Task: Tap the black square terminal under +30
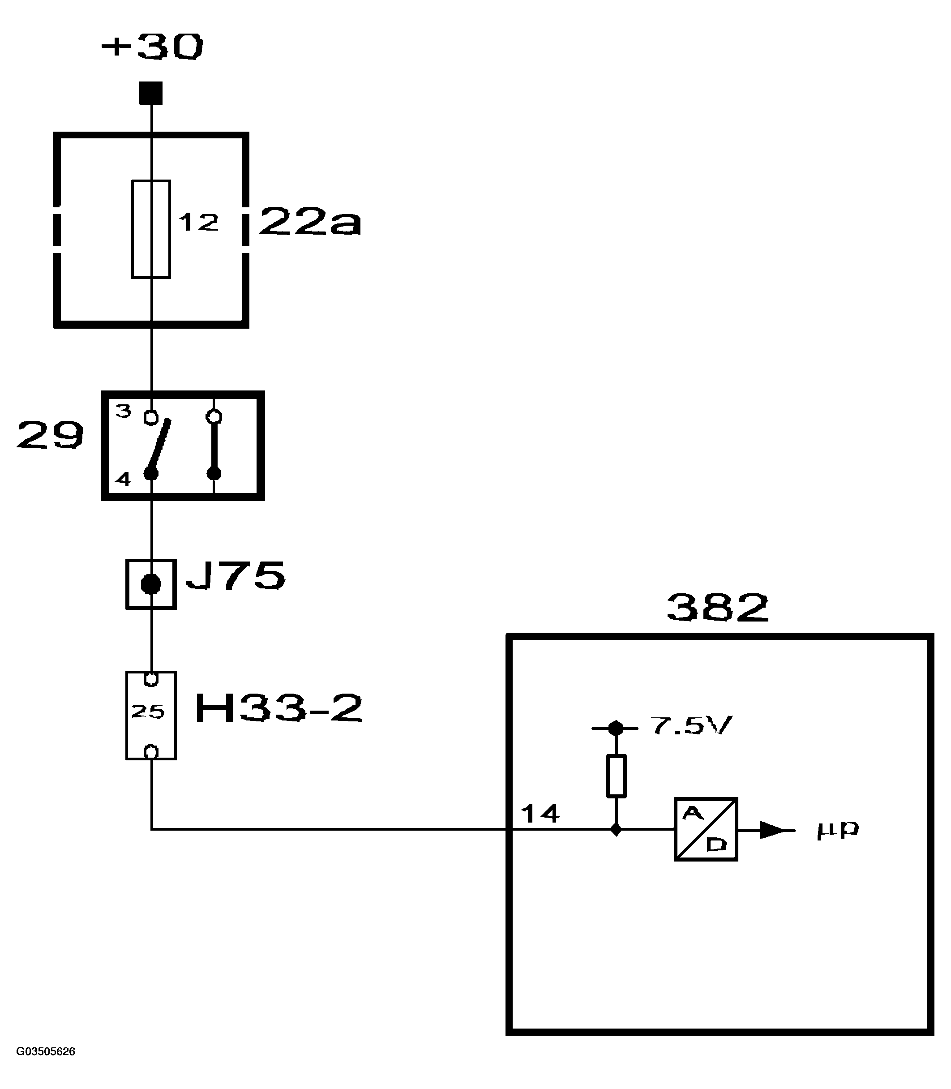(x=151, y=94)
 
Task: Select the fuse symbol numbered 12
(x=151, y=229)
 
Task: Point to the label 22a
(x=310, y=222)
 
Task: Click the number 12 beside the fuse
(x=198, y=223)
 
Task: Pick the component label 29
(x=51, y=435)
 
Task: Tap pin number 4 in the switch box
(x=123, y=479)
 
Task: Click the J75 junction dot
(x=151, y=584)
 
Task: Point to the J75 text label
(x=235, y=576)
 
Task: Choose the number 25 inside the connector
(x=148, y=712)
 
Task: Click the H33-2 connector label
(x=278, y=708)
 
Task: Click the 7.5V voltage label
(x=691, y=726)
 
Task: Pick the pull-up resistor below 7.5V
(x=616, y=776)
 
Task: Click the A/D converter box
(x=706, y=829)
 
